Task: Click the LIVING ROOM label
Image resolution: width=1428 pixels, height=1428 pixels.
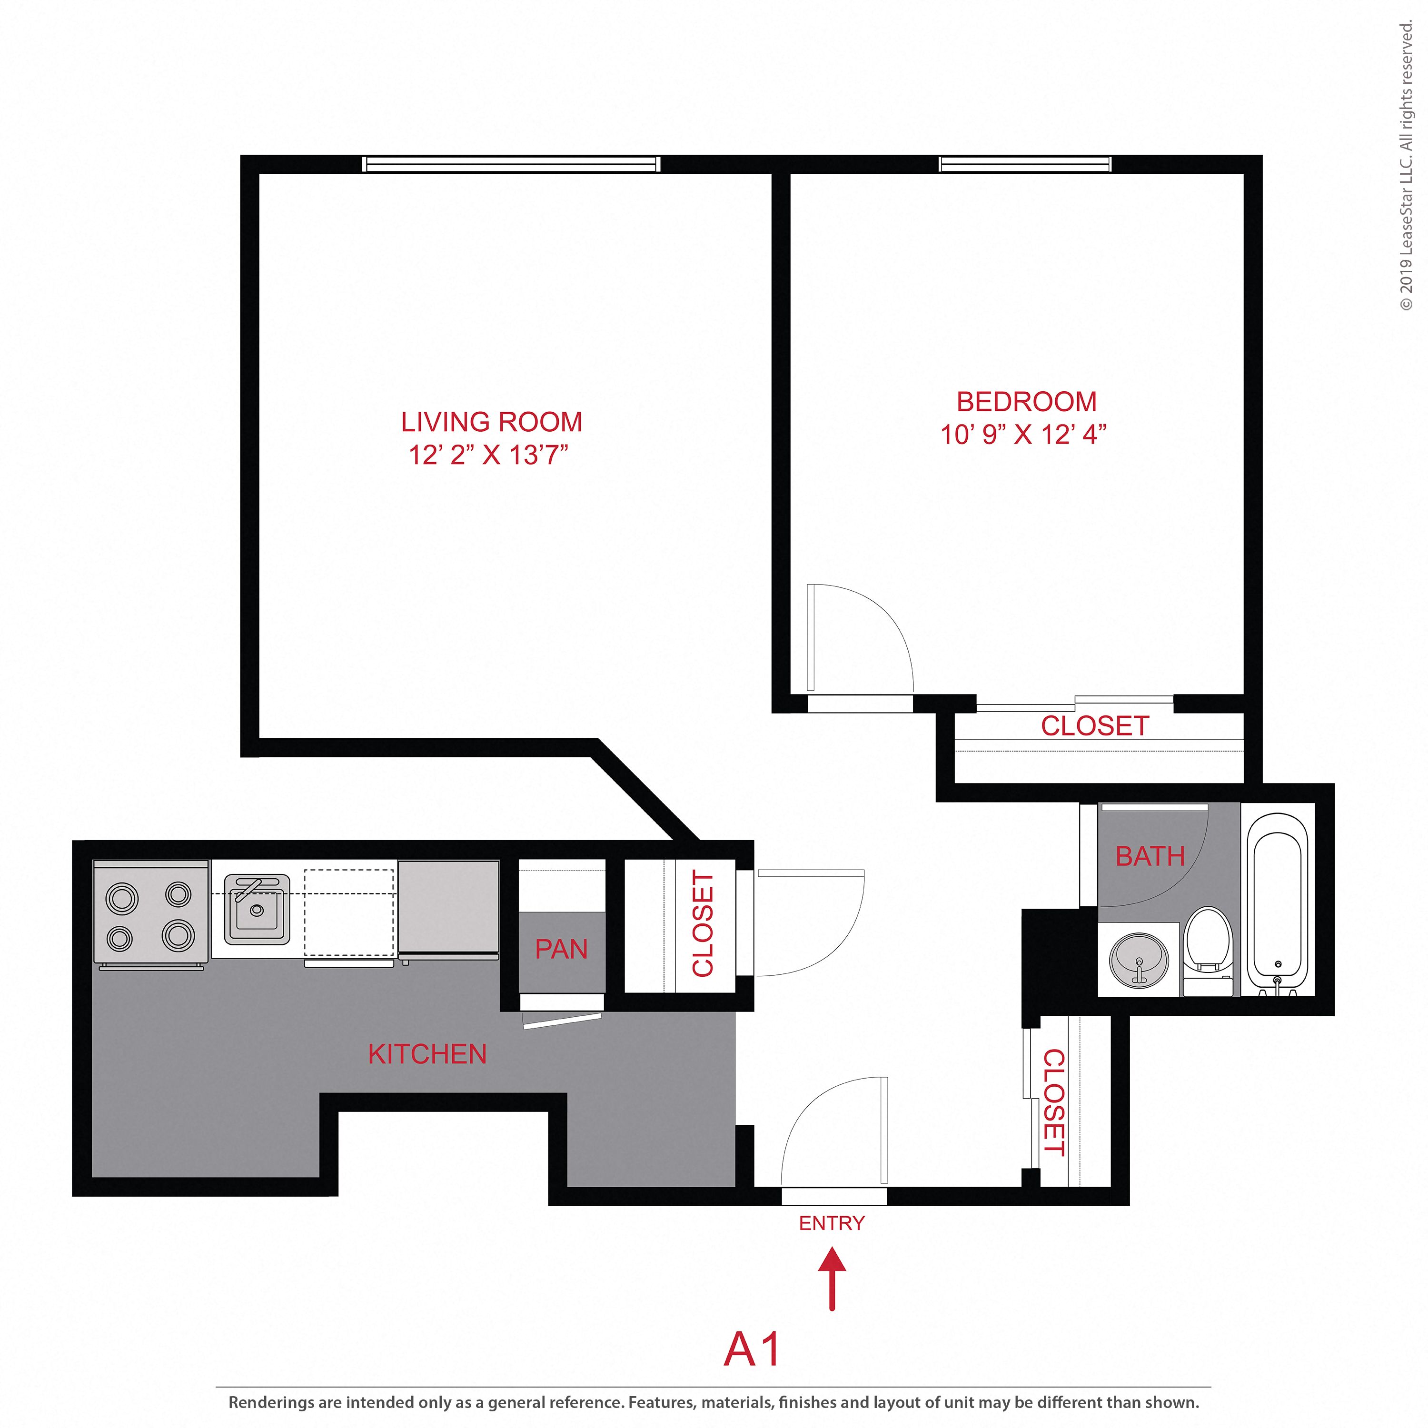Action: (492, 422)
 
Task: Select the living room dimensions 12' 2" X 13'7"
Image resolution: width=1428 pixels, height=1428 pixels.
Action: (488, 455)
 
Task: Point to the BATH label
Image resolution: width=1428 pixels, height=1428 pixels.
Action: (1150, 857)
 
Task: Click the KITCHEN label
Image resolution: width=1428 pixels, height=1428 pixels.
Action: (427, 1054)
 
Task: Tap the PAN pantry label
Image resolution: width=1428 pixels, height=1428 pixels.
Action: (561, 949)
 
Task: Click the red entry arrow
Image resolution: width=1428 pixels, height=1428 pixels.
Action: (832, 1278)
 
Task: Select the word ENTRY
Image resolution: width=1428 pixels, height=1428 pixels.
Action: (832, 1223)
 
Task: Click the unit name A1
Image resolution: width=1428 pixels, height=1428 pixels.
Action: (752, 1349)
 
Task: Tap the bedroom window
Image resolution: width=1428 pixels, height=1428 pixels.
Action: (1024, 164)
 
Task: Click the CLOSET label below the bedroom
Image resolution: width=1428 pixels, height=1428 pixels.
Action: (1095, 726)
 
